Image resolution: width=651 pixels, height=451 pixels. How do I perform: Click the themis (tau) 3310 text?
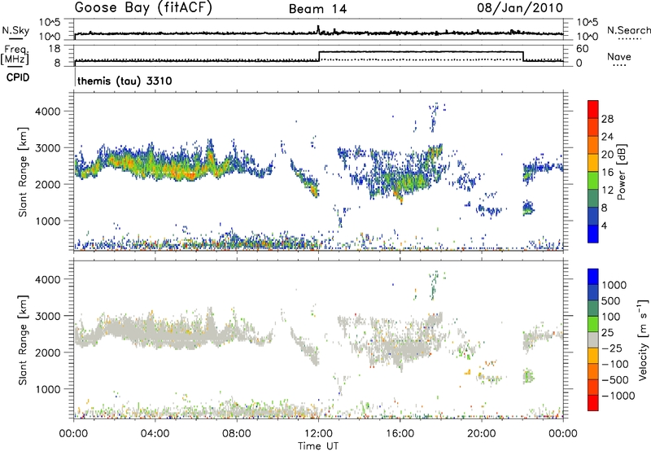point(124,82)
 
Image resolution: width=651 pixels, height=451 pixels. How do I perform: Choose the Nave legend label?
point(619,58)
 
